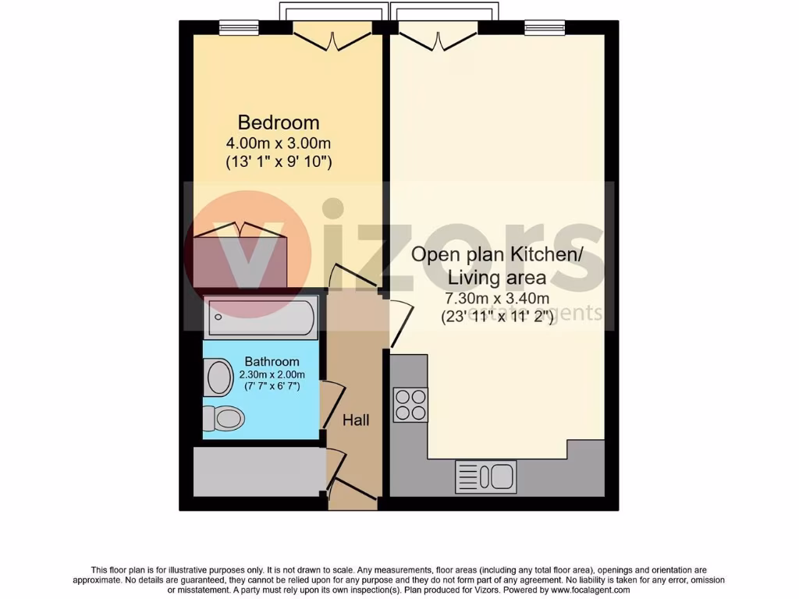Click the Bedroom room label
tap(279, 122)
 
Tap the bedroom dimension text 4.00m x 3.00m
tap(279, 143)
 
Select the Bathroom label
tap(272, 361)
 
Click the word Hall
tap(356, 420)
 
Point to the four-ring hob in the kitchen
tap(410, 404)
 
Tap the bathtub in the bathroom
tap(261, 317)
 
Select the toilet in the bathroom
tap(224, 419)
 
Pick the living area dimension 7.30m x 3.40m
tap(496, 299)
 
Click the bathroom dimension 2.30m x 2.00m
tap(272, 374)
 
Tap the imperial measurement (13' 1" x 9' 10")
tap(279, 162)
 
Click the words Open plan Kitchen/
tap(496, 254)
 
